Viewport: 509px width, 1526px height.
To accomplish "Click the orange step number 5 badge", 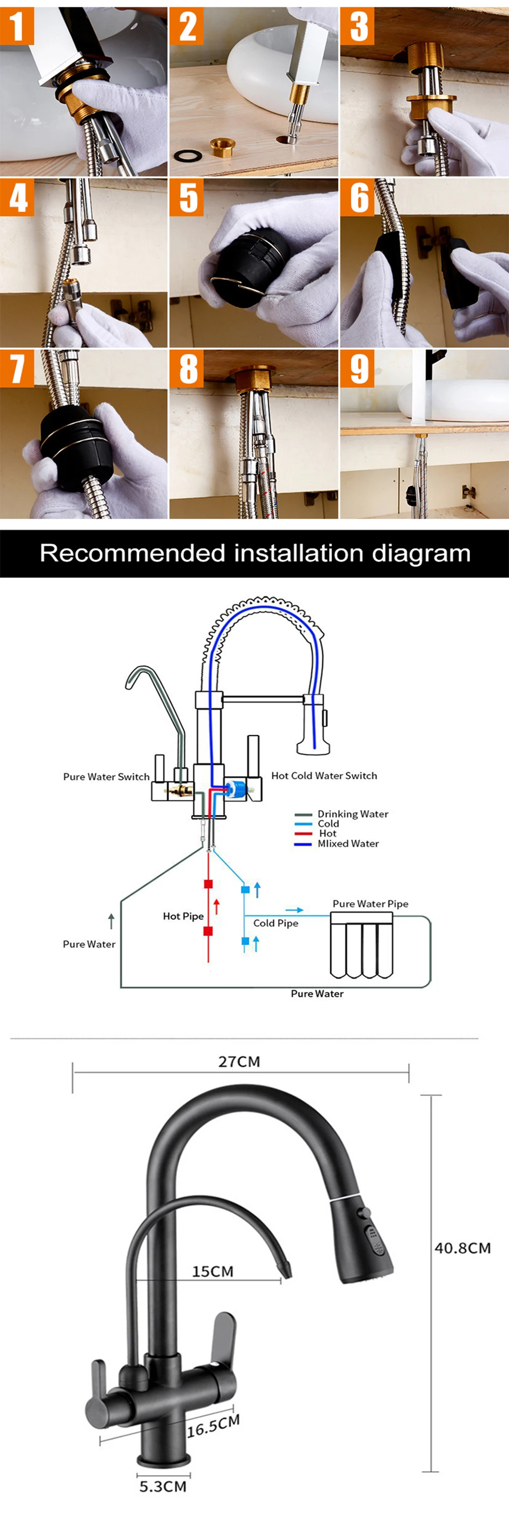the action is tap(187, 198).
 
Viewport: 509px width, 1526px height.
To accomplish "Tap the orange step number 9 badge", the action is tap(357, 368).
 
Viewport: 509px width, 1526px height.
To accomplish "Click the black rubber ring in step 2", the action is tap(188, 156).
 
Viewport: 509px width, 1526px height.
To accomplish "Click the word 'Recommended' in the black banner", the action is tap(133, 553).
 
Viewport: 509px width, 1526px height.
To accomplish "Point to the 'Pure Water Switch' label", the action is tap(107, 777).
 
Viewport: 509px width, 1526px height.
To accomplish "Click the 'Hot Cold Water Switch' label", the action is tap(324, 775).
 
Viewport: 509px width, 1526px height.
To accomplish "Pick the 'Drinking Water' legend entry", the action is tap(353, 814).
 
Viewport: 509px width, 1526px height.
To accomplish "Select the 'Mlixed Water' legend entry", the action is tap(348, 843).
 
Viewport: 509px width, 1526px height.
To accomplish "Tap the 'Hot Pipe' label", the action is tap(183, 917).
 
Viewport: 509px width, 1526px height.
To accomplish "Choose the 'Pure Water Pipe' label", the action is tap(371, 904).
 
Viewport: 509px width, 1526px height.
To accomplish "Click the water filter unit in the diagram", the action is tap(361, 946).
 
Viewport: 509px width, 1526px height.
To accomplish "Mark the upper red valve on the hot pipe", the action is tap(208, 885).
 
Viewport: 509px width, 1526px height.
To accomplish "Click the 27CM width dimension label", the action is tap(239, 1062).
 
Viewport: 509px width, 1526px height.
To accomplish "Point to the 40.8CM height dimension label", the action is tap(463, 1248).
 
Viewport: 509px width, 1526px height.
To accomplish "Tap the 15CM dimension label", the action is tap(213, 1271).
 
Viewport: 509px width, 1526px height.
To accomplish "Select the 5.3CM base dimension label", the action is tap(163, 1486).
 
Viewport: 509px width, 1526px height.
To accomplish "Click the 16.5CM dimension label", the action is tap(213, 1425).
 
